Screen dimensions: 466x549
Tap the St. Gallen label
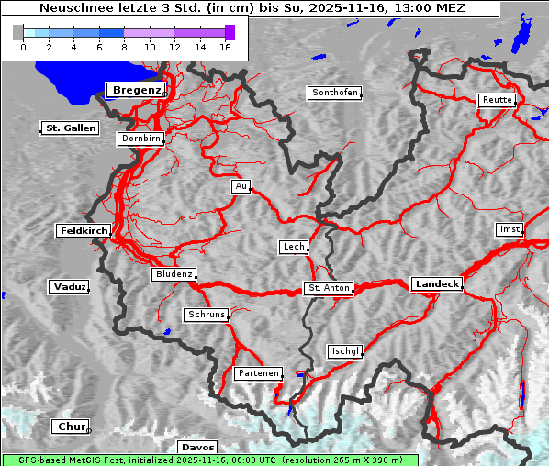(x=70, y=128)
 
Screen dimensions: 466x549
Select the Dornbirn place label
(x=141, y=139)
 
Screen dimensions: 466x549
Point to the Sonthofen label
(x=334, y=93)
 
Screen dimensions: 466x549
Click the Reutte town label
(x=496, y=100)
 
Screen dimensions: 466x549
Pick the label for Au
(x=241, y=186)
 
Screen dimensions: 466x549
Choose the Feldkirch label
(x=84, y=230)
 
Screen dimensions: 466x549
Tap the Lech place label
(x=293, y=247)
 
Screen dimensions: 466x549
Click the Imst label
(x=508, y=228)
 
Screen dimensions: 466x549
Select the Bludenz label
(x=174, y=274)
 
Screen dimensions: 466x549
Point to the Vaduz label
(x=70, y=287)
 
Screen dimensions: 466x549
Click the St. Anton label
(x=328, y=288)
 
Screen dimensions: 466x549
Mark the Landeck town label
(x=437, y=284)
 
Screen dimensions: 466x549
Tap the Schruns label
(x=206, y=315)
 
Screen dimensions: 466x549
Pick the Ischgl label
(x=345, y=351)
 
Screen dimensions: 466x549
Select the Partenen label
(x=257, y=373)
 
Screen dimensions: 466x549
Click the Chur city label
(x=70, y=427)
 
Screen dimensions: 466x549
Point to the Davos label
(x=198, y=447)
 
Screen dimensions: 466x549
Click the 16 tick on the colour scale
(x=225, y=46)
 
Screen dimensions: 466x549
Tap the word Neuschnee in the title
(x=70, y=8)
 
